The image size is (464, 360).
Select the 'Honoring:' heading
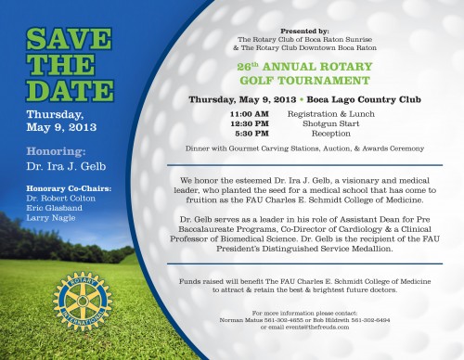57,151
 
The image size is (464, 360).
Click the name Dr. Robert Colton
61,199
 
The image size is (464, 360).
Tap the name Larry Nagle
48,221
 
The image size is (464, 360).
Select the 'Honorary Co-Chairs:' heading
69,187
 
